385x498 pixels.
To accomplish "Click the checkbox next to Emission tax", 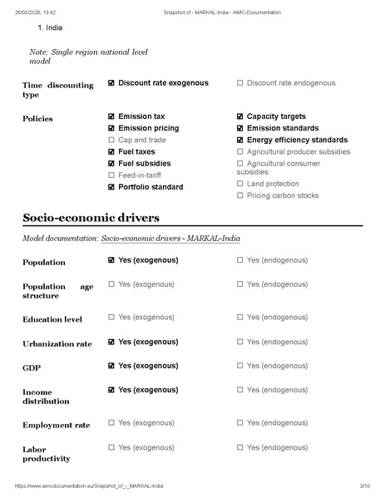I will click(x=111, y=116).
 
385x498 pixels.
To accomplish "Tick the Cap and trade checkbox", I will click(x=111, y=141).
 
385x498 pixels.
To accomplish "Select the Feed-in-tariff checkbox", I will click(x=111, y=175).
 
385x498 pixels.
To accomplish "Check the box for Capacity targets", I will click(x=240, y=116).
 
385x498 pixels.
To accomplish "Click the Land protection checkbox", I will click(x=240, y=184).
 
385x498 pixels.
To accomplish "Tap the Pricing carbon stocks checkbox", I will click(x=240, y=195).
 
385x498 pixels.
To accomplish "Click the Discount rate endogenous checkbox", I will click(x=240, y=83).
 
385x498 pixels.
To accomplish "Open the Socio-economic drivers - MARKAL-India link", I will click(x=170, y=239).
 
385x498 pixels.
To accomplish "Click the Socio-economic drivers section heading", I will click(x=91, y=218).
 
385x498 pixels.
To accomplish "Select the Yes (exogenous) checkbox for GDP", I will click(x=111, y=365).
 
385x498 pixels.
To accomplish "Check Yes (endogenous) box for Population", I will click(x=240, y=260).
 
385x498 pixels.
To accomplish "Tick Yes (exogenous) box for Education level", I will click(x=111, y=317).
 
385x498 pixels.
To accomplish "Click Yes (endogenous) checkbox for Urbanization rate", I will click(x=240, y=342).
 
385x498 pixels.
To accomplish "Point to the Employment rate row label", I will click(x=57, y=426).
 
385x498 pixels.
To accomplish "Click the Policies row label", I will click(x=37, y=119).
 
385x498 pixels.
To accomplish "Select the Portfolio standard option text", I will click(x=151, y=187).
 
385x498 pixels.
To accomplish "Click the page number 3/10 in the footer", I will click(x=363, y=486).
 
